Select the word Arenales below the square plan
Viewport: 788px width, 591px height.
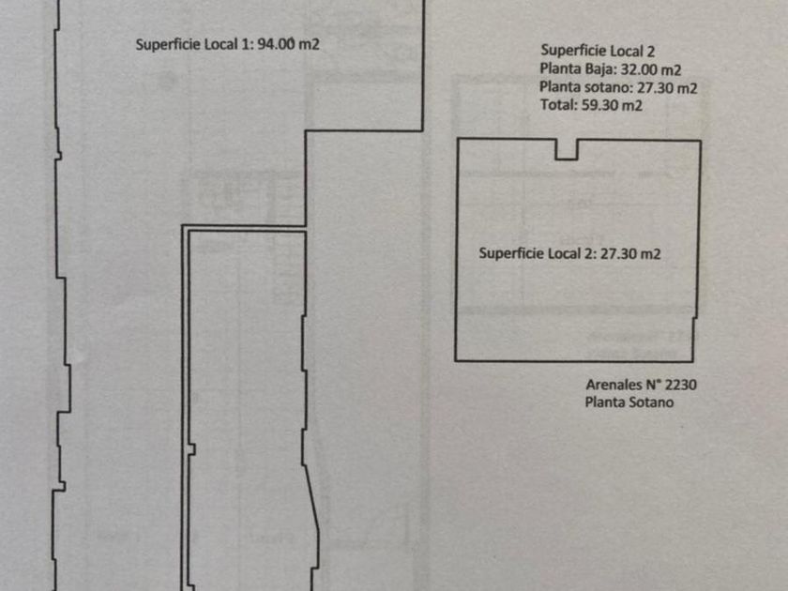point(614,385)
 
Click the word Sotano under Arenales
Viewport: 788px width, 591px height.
point(654,402)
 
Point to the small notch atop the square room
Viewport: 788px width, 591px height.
point(566,149)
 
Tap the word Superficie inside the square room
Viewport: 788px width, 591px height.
point(508,253)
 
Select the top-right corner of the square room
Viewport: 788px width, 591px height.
point(700,141)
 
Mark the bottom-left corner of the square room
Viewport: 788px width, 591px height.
point(456,360)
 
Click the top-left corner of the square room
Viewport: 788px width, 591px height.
point(457,139)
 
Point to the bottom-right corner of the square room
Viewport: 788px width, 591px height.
point(693,361)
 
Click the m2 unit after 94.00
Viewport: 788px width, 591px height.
point(310,43)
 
